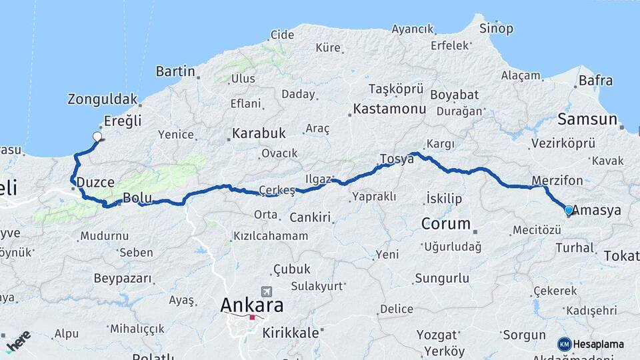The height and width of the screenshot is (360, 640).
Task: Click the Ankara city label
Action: point(251,305)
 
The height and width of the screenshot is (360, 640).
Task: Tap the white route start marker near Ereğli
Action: point(97,137)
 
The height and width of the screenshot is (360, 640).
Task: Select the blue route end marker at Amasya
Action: point(568,211)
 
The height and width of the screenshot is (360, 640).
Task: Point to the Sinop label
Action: point(497,28)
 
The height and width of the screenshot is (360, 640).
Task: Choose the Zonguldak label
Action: point(102,99)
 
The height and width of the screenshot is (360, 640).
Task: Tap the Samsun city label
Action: point(587,119)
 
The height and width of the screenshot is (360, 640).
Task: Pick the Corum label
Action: point(446,223)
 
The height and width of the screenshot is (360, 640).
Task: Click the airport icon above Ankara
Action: point(268,291)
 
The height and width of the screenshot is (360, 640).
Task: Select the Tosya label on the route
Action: point(397,159)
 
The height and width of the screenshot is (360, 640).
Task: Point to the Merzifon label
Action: point(557,181)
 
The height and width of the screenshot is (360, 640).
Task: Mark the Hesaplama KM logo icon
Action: point(565,344)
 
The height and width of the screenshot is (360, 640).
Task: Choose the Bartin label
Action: point(175,71)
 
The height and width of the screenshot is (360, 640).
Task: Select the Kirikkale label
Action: point(290,333)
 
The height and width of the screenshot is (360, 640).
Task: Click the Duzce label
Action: point(95,181)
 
